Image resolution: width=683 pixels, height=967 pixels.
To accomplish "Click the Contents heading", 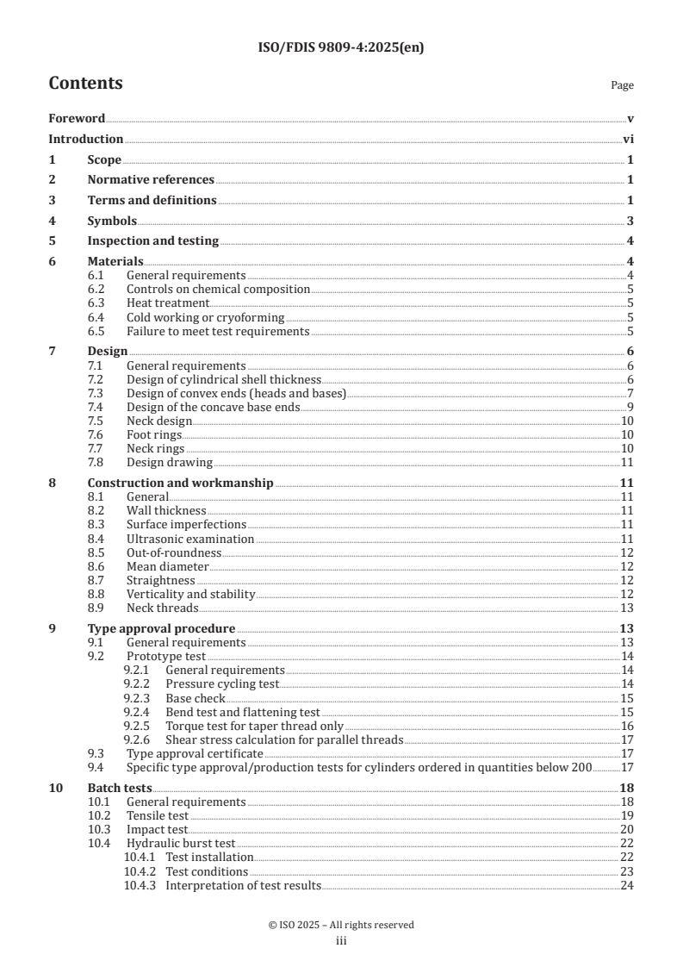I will coord(85,84).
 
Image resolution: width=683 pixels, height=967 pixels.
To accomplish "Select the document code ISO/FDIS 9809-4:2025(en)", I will coord(341,48).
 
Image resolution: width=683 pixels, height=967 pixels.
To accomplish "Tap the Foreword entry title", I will coord(77,119).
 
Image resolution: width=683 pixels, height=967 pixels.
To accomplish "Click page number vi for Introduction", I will coord(629,140).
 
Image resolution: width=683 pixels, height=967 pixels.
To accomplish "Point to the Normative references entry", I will coord(151,180).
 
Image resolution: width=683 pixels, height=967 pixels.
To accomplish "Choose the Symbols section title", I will coord(112,221).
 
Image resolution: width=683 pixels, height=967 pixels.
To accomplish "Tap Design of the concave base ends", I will coord(213,407).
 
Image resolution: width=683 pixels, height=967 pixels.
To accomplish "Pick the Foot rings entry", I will coord(154,434).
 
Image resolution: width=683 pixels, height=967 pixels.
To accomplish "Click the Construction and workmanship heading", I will coord(181,483).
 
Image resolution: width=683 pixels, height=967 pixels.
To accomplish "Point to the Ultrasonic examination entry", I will coord(190,539).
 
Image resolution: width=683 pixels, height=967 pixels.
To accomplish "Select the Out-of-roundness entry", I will coord(174,552).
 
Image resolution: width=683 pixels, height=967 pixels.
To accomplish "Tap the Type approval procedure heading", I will coord(162,628).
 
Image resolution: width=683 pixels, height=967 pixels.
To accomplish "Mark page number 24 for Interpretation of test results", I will coord(627,884).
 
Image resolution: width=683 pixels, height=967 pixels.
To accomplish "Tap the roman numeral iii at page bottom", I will coord(341,941).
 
